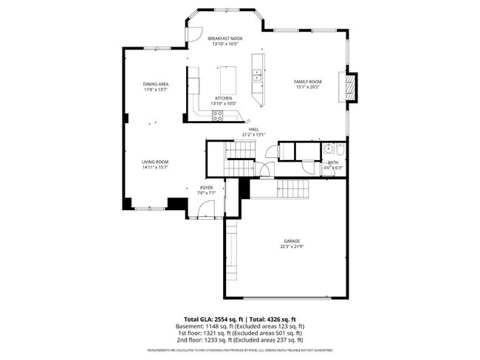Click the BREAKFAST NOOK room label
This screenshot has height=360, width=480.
tap(225, 38)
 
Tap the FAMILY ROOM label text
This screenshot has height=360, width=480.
tap(308, 81)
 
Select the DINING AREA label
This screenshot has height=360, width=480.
tap(155, 84)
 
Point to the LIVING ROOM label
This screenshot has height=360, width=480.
tap(155, 162)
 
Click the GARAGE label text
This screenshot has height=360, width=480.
tap(292, 241)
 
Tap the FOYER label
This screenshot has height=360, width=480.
tap(207, 188)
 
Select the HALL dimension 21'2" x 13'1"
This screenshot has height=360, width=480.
tap(253, 135)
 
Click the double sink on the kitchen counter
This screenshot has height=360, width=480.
tap(256, 75)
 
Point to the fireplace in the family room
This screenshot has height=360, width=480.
tap(349, 87)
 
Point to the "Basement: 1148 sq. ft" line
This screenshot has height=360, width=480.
tap(239, 325)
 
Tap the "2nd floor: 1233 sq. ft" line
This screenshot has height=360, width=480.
tap(239, 340)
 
